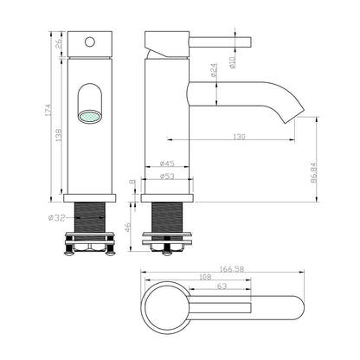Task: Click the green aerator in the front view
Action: (x=89, y=115)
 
